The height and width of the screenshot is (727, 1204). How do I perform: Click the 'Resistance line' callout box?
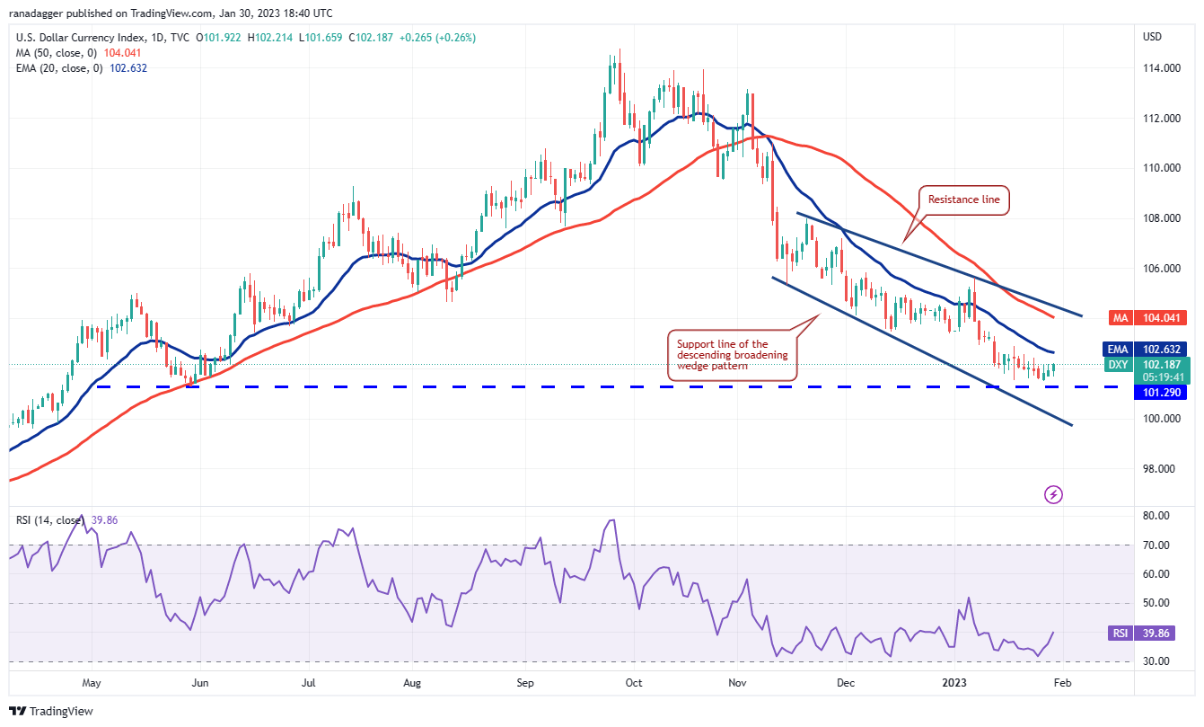pos(964,199)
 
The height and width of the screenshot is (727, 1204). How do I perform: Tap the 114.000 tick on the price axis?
pos(1160,68)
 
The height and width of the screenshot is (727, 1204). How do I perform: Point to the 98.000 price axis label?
pos(1160,469)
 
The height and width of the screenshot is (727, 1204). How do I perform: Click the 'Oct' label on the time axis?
pos(634,682)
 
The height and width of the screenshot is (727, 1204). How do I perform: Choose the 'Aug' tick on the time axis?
pos(412,682)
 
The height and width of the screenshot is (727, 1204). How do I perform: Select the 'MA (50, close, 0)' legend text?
pos(54,53)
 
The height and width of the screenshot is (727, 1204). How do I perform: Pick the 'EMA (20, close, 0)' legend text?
pos(56,66)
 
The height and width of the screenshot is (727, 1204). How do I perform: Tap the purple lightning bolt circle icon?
pos(1054,494)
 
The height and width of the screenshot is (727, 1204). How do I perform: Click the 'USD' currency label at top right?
pos(1153,37)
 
